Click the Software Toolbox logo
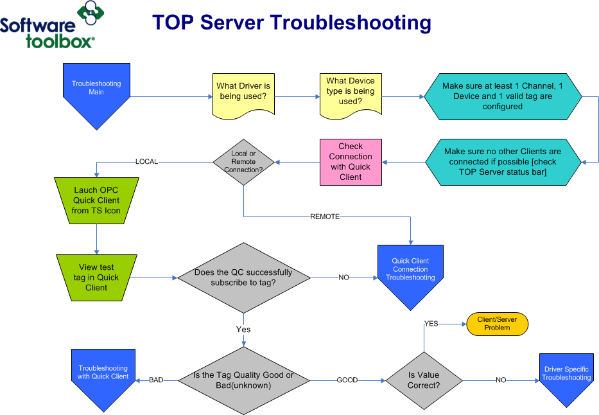(x=51, y=26)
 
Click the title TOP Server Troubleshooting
(x=291, y=22)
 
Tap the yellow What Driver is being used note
(x=243, y=93)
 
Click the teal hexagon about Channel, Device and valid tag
(x=503, y=96)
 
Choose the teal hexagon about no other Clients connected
(x=503, y=162)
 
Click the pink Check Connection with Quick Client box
(x=351, y=162)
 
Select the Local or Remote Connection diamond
(x=243, y=162)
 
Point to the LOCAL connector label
(x=146, y=162)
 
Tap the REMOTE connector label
(x=325, y=216)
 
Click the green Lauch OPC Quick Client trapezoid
(x=96, y=200)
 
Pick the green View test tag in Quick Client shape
(x=96, y=277)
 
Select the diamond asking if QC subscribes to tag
(x=243, y=278)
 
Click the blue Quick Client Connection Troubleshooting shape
(x=410, y=273)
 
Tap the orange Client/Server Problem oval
(x=497, y=324)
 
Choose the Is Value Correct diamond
(x=424, y=380)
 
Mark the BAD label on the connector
(x=156, y=380)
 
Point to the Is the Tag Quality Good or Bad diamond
(x=243, y=380)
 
